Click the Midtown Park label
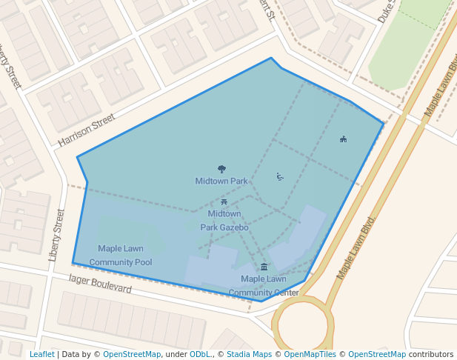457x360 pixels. click(221, 181)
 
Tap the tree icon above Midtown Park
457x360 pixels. click(221, 170)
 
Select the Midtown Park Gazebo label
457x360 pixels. click(224, 221)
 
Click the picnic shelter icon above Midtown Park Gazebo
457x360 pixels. click(224, 201)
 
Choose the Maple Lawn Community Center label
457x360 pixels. click(264, 285)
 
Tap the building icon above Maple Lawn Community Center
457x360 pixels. click(264, 267)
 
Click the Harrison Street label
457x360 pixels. click(87, 129)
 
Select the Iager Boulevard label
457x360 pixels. click(99, 284)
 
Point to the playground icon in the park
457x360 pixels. click(279, 176)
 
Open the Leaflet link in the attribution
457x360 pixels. click(41, 354)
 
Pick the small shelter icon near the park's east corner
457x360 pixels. click(343, 139)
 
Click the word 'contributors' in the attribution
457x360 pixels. click(431, 354)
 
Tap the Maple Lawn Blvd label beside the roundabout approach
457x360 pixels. click(357, 248)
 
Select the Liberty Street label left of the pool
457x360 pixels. click(57, 235)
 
